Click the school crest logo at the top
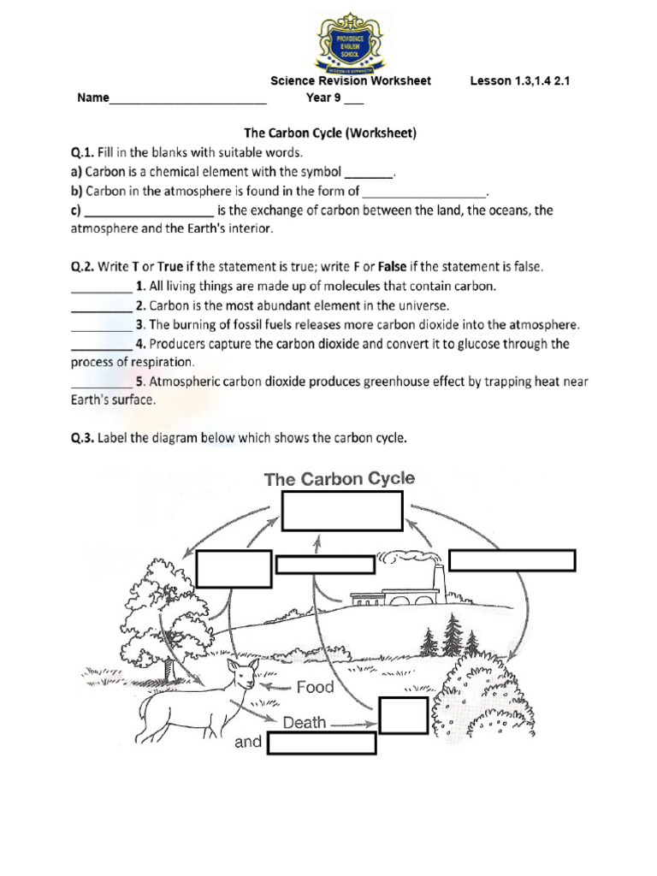tap(351, 42)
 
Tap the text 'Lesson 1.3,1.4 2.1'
tap(519, 80)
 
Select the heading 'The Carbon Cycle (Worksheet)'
tap(330, 133)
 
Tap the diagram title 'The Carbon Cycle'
tap(340, 478)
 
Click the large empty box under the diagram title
tap(342, 511)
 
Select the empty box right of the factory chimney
tap(512, 560)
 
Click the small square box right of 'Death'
tap(403, 715)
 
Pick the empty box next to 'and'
tap(322, 743)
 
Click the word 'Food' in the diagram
tap(315, 686)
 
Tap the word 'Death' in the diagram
tap(305, 722)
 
